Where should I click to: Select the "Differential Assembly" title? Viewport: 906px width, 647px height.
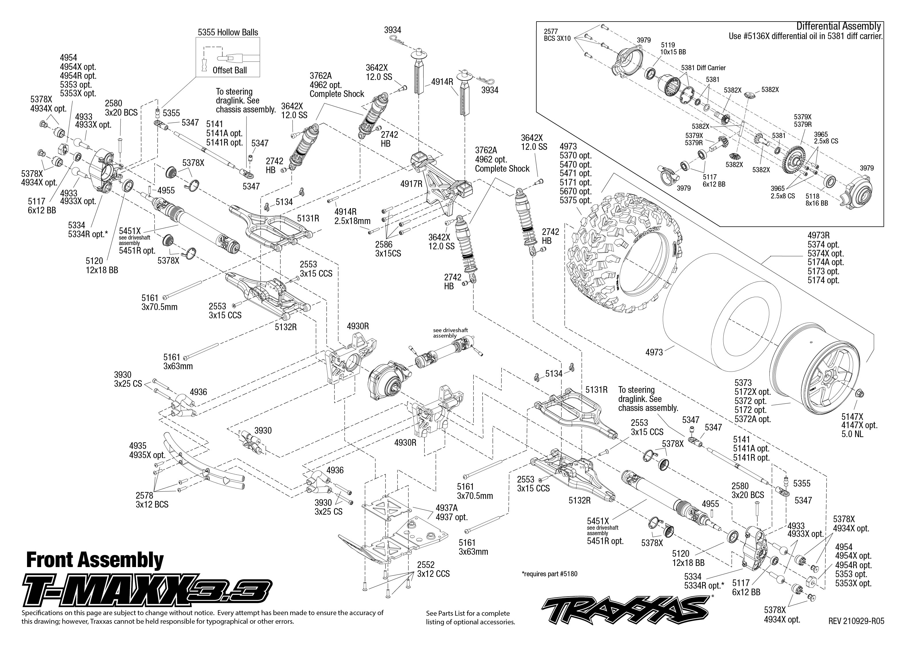point(838,26)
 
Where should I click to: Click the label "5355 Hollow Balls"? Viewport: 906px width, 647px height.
point(228,32)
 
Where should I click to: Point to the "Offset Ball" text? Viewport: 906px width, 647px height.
point(230,70)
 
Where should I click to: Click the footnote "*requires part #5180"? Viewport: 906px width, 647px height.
point(549,574)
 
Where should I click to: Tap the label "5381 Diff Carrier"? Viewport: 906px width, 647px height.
point(703,68)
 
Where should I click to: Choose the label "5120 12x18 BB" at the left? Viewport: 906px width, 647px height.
point(102,265)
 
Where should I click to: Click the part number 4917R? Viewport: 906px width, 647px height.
point(411,184)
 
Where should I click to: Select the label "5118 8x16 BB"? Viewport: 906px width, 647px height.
point(817,199)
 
